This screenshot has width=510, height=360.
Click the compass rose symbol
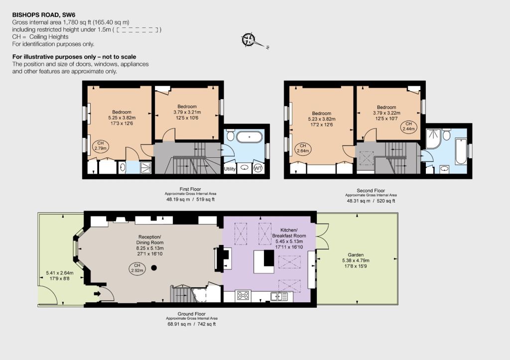tap(249, 40)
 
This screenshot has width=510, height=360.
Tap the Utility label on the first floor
tap(230, 169)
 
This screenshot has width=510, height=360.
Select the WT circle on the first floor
tap(258, 168)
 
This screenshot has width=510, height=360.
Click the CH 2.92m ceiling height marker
tap(137, 268)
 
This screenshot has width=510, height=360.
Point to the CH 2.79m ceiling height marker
tap(101, 146)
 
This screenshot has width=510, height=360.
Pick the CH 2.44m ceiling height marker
tap(408, 126)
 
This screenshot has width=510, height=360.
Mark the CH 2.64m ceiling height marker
tap(303, 148)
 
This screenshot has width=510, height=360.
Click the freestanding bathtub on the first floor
tap(249, 137)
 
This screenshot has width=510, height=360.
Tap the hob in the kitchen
tap(243, 295)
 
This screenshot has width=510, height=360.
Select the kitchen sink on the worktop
tap(279, 296)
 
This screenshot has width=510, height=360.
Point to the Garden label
tap(356, 254)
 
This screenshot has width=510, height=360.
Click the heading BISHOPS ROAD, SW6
tap(44, 15)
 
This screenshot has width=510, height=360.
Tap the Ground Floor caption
tap(192, 314)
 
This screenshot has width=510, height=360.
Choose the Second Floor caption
tap(371, 191)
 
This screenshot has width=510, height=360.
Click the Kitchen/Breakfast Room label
tap(289, 233)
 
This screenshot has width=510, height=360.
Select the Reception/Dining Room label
tap(149, 240)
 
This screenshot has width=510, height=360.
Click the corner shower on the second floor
tap(433, 139)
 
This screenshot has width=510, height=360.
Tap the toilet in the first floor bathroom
tap(230, 134)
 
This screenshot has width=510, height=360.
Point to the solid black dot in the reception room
tap(154, 268)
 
